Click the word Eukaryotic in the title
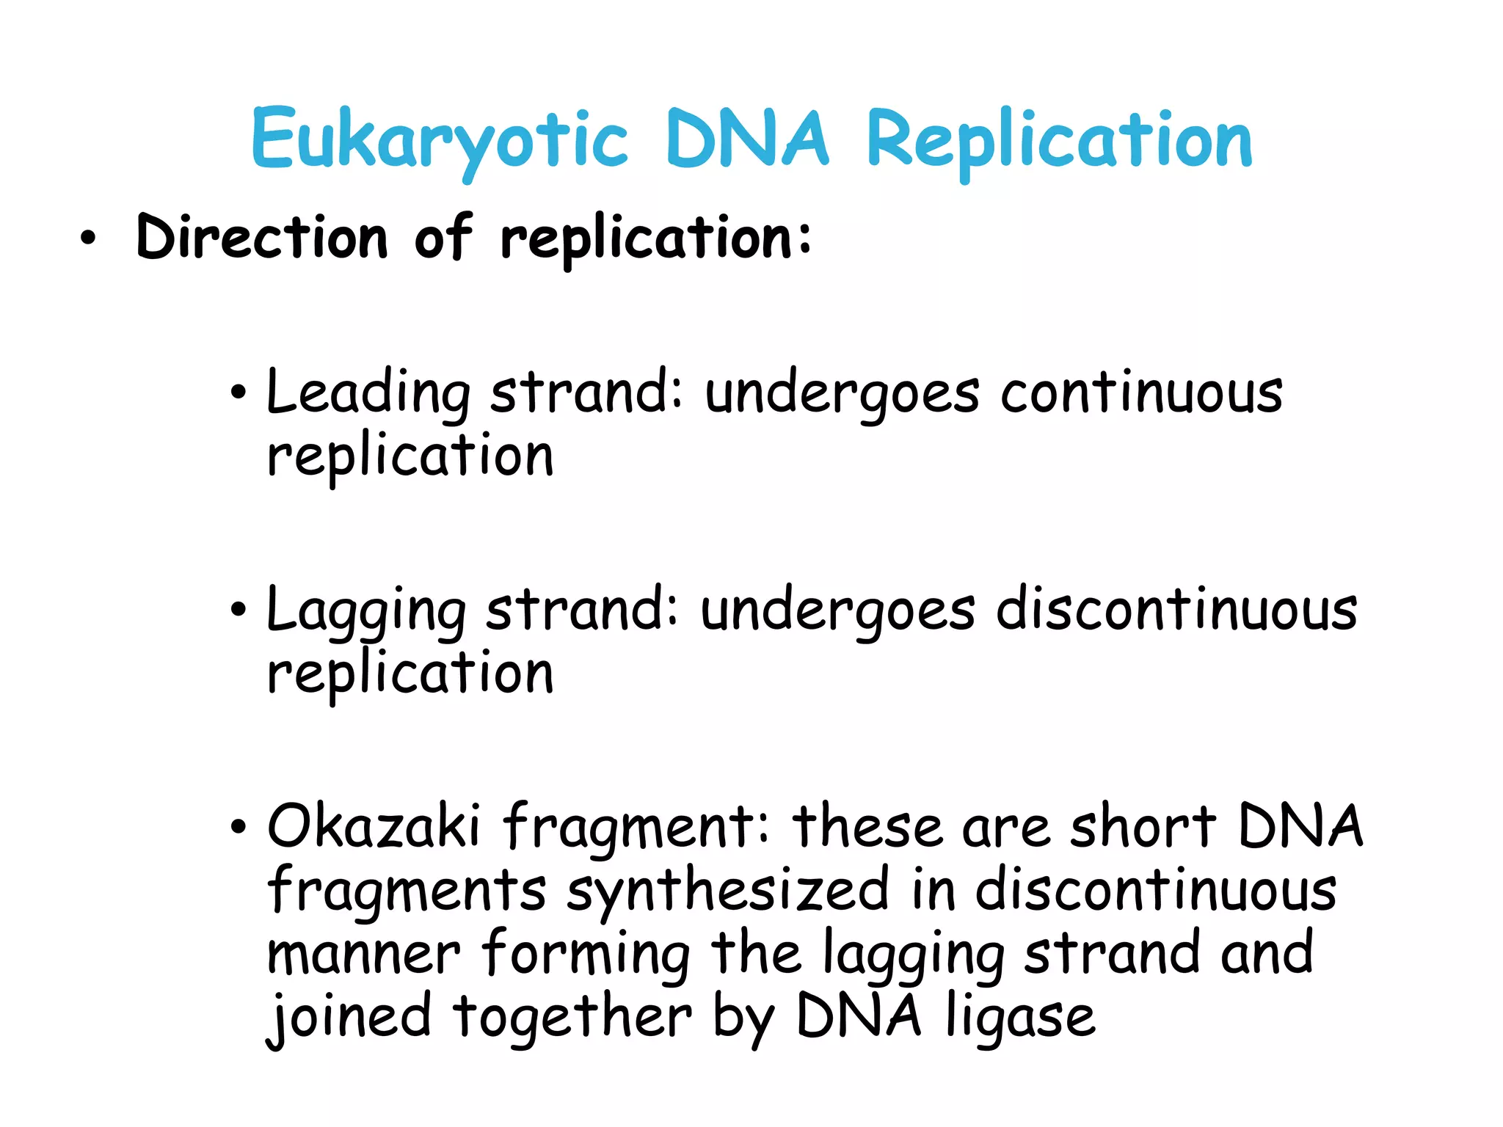[x=439, y=139]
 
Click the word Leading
[x=367, y=393]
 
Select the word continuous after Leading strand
[x=1141, y=393]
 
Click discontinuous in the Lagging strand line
[x=1176, y=609]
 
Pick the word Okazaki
[x=373, y=825]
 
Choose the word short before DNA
[x=1142, y=825]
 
